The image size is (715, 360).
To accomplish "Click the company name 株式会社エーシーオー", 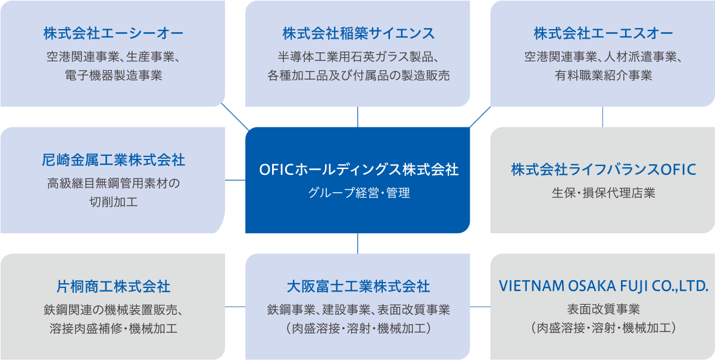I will click(x=113, y=33).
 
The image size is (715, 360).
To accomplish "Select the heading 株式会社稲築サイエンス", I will click(x=358, y=33).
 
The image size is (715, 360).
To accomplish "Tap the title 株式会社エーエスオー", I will click(x=602, y=33).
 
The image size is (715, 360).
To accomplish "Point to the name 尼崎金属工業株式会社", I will click(x=113, y=159).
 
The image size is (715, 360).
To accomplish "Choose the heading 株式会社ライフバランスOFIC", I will click(x=603, y=170).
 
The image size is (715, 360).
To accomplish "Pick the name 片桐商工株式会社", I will click(x=113, y=287).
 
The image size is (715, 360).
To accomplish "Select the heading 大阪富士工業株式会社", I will click(x=358, y=287).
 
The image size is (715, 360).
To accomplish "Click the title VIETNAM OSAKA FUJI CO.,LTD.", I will click(x=603, y=287).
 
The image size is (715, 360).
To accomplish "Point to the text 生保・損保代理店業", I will click(x=603, y=193).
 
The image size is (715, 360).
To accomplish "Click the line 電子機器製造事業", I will click(x=113, y=76).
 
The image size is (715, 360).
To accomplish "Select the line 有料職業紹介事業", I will click(x=603, y=76).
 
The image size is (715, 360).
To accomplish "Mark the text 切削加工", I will click(x=113, y=202).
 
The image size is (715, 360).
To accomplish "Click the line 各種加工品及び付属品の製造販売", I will click(x=358, y=76).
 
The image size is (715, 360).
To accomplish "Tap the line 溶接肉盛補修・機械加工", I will click(x=113, y=328).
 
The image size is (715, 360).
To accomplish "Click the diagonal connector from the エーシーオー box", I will click(x=235, y=118).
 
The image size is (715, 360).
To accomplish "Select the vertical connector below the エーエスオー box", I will click(x=603, y=117).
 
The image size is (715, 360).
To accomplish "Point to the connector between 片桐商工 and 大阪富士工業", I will click(x=235, y=307).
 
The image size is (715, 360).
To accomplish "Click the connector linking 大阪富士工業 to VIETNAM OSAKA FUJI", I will click(x=480, y=307).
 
